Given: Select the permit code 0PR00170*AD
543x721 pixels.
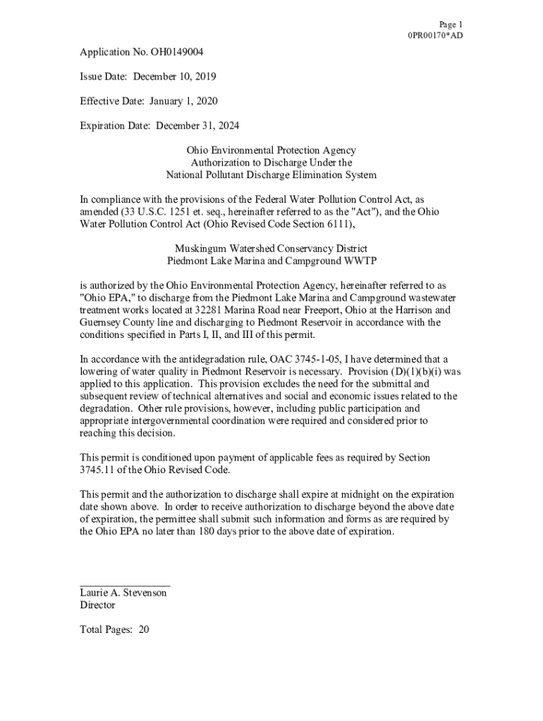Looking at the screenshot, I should pos(434,35).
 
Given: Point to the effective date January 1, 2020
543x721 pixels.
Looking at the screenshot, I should pos(183,101).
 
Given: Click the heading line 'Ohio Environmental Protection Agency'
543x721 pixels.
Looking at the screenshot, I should pos(271,151).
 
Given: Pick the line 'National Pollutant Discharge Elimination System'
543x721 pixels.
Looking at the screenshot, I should pos(271,175).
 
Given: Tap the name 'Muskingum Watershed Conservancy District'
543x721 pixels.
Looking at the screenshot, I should pos(271,249).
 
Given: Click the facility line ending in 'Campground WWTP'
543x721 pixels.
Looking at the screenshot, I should pos(271,261).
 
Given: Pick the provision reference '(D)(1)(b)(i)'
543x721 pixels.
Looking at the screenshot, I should pos(417,371).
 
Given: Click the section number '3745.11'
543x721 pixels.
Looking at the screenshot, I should pos(97,470).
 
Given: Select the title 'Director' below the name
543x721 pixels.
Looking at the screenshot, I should pos(97,605).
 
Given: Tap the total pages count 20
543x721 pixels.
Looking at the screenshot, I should pos(144,629).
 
